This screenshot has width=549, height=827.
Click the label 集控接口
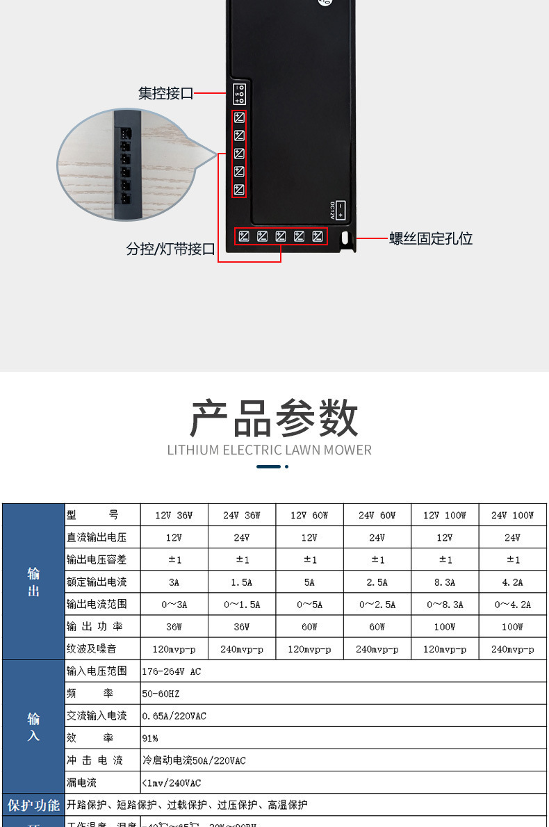pos(165,93)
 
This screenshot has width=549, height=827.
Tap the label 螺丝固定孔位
pos(431,239)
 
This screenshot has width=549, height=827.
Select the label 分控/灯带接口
pos(170,249)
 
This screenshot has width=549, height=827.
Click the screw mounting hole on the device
pos(345,238)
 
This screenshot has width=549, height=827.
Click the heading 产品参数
pos(274,418)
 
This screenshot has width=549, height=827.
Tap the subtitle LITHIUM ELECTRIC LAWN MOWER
pos(270,450)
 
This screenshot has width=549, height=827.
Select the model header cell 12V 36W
pos(174,515)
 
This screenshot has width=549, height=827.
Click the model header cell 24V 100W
pos(512,515)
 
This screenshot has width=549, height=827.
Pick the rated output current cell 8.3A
pos(445,582)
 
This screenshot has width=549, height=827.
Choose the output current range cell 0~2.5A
pos(377,605)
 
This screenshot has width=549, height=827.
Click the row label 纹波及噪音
pos(92,649)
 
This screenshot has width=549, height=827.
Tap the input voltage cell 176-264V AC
pos(172,671)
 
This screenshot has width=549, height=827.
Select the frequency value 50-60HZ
pos(161,694)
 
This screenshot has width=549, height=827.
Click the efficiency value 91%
pos(150,738)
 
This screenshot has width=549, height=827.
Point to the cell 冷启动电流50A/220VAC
pos(194,760)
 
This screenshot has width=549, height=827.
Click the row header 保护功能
pos(33,805)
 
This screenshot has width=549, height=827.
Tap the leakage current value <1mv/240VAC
pos(172,783)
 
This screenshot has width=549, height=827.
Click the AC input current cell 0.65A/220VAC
pos(174,716)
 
